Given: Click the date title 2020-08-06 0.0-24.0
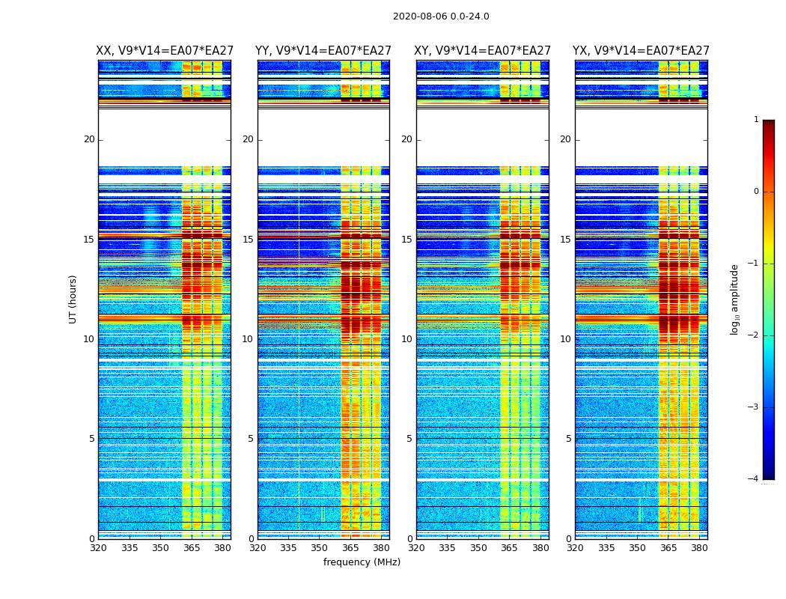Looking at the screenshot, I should click(x=441, y=16).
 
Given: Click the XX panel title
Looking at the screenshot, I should click(x=165, y=51).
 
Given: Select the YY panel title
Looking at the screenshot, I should click(x=323, y=51).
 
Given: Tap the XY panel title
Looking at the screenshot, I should click(x=483, y=51).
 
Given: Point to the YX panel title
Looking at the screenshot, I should click(x=641, y=51).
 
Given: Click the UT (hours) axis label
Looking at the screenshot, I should click(x=73, y=299).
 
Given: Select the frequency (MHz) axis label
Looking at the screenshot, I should click(x=362, y=562).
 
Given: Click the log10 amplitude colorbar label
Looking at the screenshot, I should click(x=735, y=299).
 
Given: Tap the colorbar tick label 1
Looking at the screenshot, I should click(x=756, y=120).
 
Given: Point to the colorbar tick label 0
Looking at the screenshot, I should click(x=756, y=192).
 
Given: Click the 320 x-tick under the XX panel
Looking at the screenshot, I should click(x=98, y=548).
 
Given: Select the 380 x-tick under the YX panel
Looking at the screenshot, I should click(x=699, y=548).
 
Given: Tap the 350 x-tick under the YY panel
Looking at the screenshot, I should click(x=320, y=548).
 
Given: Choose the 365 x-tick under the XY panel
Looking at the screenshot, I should click(x=510, y=548).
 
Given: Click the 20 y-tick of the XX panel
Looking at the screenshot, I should click(x=89, y=139).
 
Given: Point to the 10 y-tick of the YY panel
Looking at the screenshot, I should click(x=248, y=339).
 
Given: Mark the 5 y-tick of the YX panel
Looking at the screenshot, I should click(x=568, y=439).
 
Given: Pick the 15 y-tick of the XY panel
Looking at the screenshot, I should click(x=406, y=240).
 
